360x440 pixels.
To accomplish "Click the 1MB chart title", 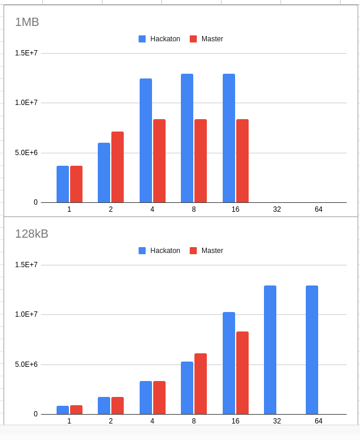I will click(x=27, y=22).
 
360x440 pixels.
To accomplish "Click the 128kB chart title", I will click(x=32, y=234).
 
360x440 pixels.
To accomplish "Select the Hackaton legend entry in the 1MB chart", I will click(x=160, y=39).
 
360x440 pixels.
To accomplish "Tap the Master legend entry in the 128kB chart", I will click(x=206, y=251).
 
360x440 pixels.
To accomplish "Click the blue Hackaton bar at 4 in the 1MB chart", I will click(x=146, y=140).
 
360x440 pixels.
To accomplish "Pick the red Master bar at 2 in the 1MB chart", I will click(x=117, y=167).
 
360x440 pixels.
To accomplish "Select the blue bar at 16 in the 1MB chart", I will click(x=229, y=138).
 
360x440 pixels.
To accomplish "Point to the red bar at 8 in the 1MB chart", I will click(x=200, y=160).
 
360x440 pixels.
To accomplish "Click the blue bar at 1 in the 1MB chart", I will click(x=62, y=184).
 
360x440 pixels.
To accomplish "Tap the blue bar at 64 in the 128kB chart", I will click(x=312, y=350).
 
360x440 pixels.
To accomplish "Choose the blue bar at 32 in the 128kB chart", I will click(x=270, y=350).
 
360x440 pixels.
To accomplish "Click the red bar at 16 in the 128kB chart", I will click(x=242, y=373).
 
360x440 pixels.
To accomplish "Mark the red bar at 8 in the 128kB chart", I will click(x=200, y=383).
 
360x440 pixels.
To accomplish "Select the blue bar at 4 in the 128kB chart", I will click(x=146, y=398).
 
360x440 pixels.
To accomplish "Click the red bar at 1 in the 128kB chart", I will click(x=76, y=409).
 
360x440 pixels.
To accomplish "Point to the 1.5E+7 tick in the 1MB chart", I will click(x=27, y=53).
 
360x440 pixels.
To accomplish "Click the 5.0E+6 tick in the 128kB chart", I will click(x=27, y=365).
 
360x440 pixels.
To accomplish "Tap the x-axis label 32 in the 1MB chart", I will click(x=277, y=209).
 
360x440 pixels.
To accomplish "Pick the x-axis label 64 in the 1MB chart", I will click(x=318, y=209).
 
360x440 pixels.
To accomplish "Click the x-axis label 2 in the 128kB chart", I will click(x=111, y=421).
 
